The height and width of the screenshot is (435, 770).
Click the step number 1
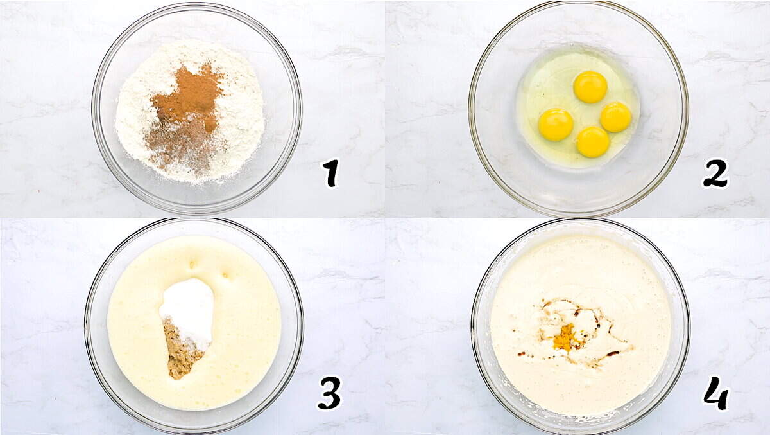(330, 173)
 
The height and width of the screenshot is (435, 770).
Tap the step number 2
(715, 173)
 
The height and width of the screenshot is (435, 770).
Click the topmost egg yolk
(590, 87)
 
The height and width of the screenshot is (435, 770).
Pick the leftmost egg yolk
(556, 124)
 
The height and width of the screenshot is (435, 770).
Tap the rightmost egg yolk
(616, 117)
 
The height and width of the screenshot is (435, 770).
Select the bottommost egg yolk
(592, 141)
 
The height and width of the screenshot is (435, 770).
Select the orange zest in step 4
(565, 337)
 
